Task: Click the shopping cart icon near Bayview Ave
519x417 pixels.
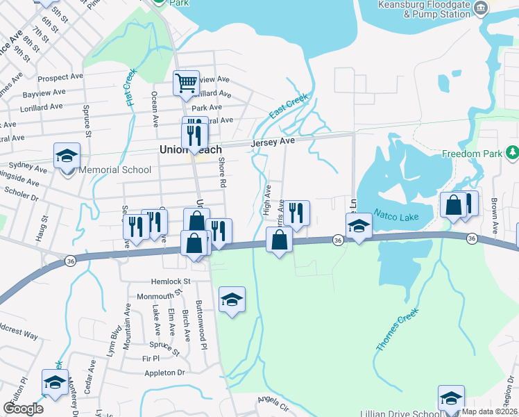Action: tap(186, 83)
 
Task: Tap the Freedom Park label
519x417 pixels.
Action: tap(473, 153)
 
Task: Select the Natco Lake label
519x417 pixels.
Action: tap(396, 217)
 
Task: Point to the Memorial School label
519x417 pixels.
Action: tap(115, 170)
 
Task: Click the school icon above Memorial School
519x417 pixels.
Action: tap(67, 155)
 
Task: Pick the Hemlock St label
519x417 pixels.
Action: tap(171, 281)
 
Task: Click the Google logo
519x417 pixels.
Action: tap(23, 409)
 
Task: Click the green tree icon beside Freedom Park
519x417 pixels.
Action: tap(512, 152)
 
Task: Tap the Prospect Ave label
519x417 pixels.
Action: tap(60, 79)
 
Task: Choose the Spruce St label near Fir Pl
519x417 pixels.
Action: tap(164, 347)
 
